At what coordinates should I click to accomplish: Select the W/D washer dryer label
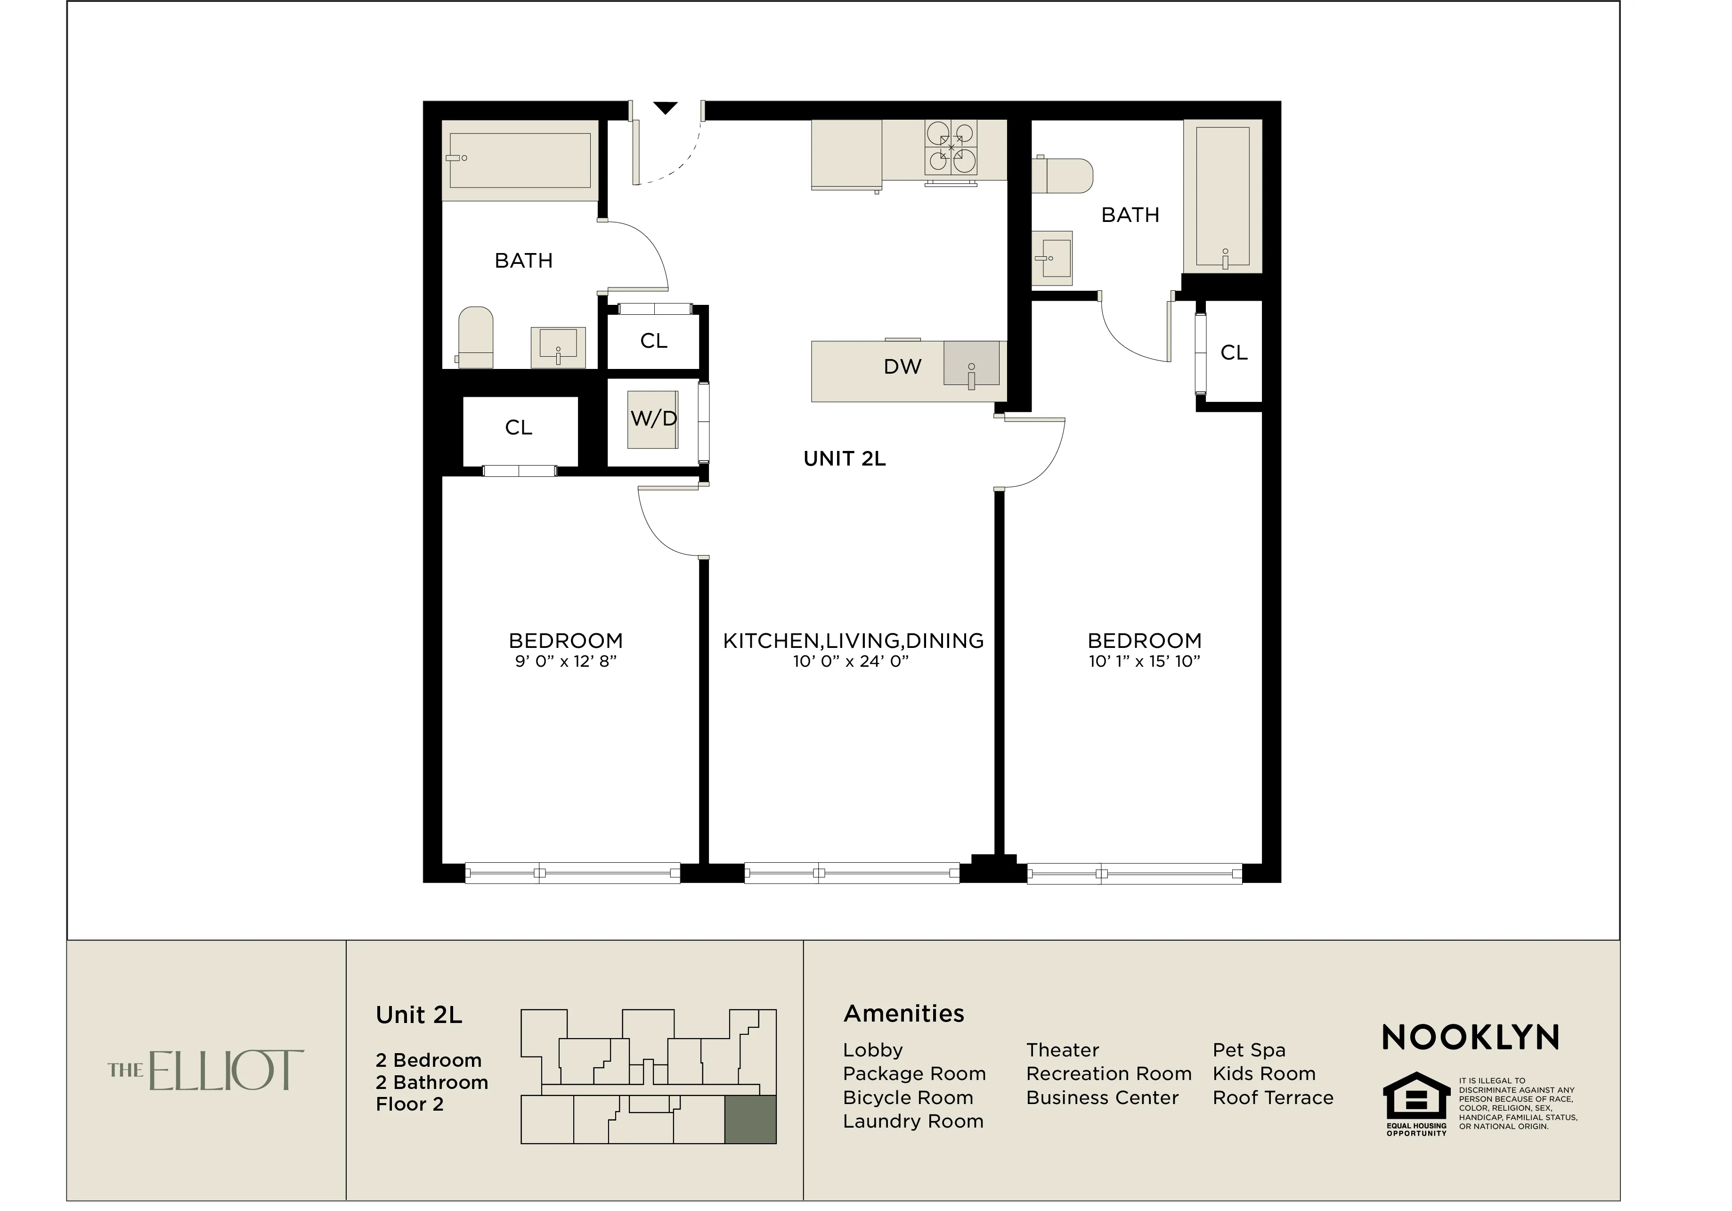[x=653, y=419]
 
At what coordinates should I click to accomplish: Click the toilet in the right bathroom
[x=1064, y=175]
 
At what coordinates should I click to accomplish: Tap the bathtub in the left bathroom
[x=520, y=160]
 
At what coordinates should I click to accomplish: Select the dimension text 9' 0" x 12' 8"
[x=566, y=662]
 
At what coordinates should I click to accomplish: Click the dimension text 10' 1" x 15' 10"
[x=1144, y=662]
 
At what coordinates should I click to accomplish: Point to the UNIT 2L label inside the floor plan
[x=844, y=459]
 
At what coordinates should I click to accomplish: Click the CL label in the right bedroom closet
[x=1233, y=352]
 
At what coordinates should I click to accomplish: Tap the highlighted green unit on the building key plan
[x=750, y=1120]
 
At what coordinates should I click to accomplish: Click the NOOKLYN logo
[x=1470, y=1038]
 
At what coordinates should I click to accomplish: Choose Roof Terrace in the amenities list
[x=1273, y=1098]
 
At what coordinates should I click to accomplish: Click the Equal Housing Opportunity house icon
[x=1416, y=1098]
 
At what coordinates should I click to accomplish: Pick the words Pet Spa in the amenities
[x=1248, y=1050]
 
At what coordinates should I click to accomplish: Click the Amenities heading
[x=903, y=1013]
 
